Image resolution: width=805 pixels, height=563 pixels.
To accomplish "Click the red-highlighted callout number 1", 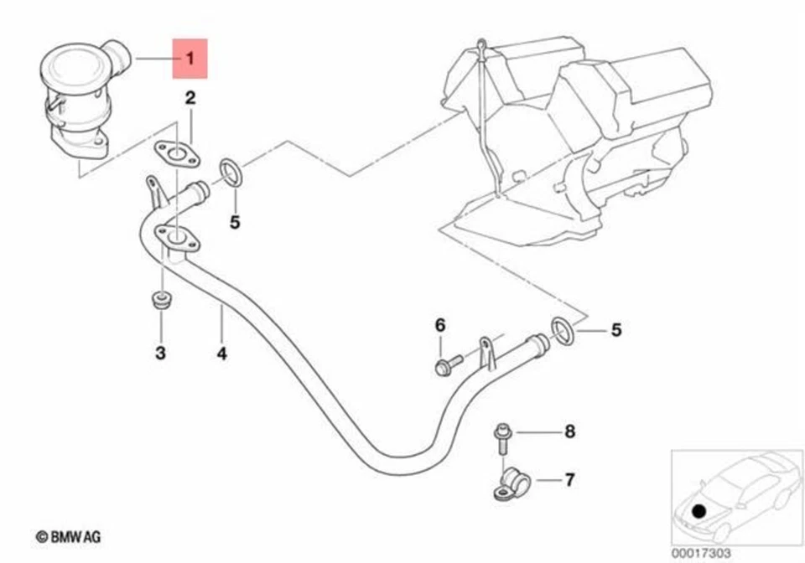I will pos(190,59).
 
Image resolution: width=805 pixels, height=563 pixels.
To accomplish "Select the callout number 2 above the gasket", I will pos(190,99).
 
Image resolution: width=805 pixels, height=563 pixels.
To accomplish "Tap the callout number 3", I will pos(160,354).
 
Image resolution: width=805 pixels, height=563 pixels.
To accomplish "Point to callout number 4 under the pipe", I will pos(221,354).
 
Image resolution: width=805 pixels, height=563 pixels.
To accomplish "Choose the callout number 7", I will pos(569,480).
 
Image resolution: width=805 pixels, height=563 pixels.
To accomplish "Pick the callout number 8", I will pos(569,432).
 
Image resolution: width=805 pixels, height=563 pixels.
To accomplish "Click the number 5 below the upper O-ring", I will pos(235,222).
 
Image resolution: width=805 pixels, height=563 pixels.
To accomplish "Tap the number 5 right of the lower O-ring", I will pos(616,330).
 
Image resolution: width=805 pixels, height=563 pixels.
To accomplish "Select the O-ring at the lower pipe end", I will pos(563,330).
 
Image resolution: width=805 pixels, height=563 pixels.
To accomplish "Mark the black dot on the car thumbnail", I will pos(698,509).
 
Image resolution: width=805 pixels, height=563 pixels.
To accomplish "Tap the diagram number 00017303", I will pos(701,553).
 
